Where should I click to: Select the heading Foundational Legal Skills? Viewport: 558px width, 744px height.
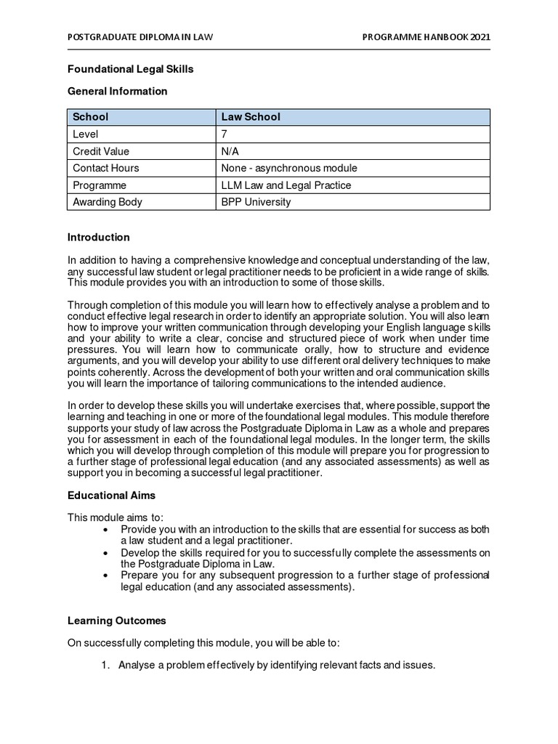[131, 69]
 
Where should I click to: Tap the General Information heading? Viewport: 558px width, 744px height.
[118, 92]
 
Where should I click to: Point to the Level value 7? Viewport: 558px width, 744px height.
[225, 134]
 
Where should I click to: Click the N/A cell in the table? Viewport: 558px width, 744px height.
[230, 151]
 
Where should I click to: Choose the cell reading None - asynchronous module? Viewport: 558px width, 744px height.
[289, 168]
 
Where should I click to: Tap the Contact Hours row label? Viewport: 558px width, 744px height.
[106, 168]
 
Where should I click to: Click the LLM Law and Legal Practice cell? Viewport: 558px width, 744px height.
[286, 185]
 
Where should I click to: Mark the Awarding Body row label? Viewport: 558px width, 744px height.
[108, 202]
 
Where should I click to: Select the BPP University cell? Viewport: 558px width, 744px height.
[256, 202]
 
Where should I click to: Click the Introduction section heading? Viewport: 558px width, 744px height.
[99, 237]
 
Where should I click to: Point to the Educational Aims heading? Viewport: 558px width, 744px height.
[111, 495]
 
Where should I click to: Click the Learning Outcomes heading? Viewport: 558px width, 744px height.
[117, 620]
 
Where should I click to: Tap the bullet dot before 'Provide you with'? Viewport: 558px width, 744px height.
[107, 528]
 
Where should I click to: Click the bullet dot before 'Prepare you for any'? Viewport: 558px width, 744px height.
[107, 575]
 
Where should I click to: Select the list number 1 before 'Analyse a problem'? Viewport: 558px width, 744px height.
[105, 664]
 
